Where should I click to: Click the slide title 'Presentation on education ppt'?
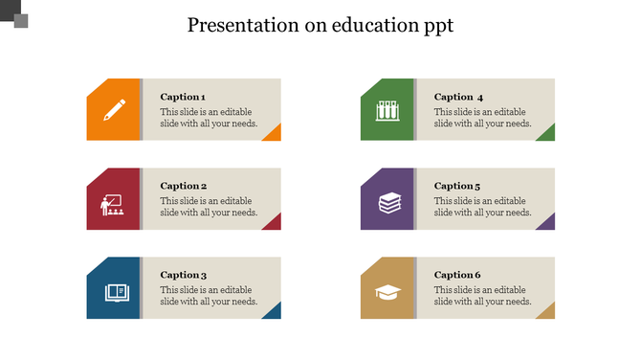point(320,25)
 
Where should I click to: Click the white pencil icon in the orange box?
point(113,110)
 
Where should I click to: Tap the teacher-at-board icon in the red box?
point(112,203)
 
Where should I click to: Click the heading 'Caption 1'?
point(183,97)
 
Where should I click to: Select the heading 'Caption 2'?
point(183,186)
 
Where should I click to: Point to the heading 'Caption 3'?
point(183,275)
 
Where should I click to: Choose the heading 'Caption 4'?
point(458,97)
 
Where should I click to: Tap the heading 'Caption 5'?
point(457,186)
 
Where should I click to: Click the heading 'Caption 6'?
point(457,275)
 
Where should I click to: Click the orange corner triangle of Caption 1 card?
point(274,135)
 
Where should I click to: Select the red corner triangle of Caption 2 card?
point(274,224)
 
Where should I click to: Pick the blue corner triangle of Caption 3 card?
point(274,312)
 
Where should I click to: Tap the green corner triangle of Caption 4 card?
point(547,135)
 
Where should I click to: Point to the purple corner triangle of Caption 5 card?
point(547,224)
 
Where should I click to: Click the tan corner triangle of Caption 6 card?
point(547,312)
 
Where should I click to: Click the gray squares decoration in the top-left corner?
point(14,14)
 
